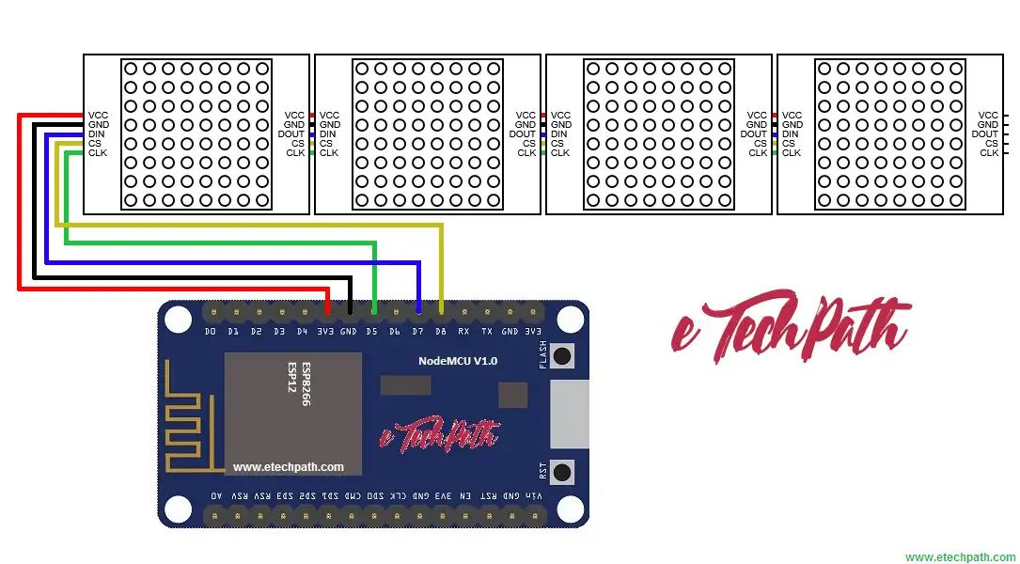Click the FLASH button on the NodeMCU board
562,355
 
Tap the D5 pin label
371,331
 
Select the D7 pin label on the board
417,331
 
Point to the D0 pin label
210,331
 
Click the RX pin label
463,331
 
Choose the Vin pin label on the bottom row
534,495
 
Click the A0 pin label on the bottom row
217,495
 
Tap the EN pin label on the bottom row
465,495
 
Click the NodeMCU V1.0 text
458,361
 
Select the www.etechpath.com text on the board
289,466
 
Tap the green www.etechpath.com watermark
960,556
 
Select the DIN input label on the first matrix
97,133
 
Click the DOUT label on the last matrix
984,133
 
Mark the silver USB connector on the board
569,414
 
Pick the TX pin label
487,331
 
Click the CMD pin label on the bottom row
353,495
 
